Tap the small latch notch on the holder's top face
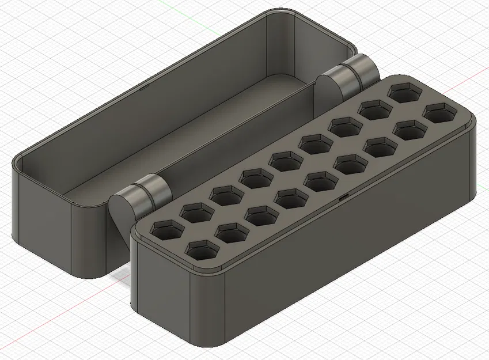tap(343, 197)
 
